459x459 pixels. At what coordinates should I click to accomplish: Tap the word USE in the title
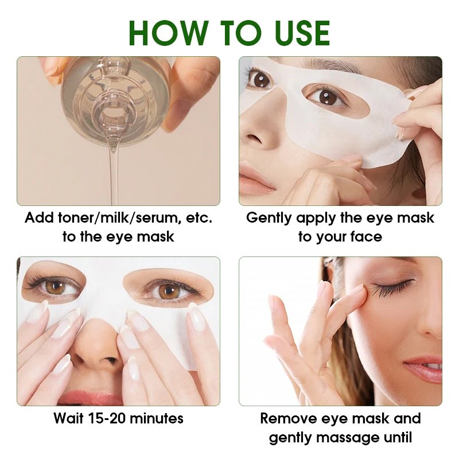pyautogui.click(x=297, y=33)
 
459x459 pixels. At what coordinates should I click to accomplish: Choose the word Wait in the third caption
pyautogui.click(x=69, y=418)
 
